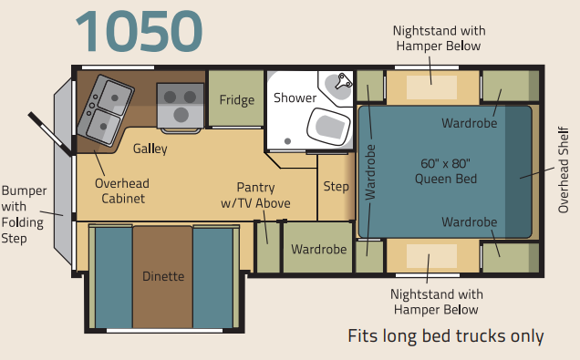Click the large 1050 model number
point(139,31)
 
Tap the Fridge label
point(237,99)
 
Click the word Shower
point(295,98)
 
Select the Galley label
point(150,149)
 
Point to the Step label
point(336,186)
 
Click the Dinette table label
point(163,276)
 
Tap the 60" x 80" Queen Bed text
point(446,171)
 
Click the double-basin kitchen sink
point(106,109)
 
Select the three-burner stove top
point(181,106)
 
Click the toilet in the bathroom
point(328,127)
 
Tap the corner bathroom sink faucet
point(343,81)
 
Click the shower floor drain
point(287,141)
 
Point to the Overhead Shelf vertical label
point(563,170)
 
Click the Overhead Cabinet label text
point(122,190)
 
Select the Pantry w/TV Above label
point(255,195)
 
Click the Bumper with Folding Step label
point(24,214)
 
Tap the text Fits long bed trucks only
point(446,336)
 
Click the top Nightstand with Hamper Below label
point(439,38)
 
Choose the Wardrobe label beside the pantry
point(319,249)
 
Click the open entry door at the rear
point(49,133)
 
